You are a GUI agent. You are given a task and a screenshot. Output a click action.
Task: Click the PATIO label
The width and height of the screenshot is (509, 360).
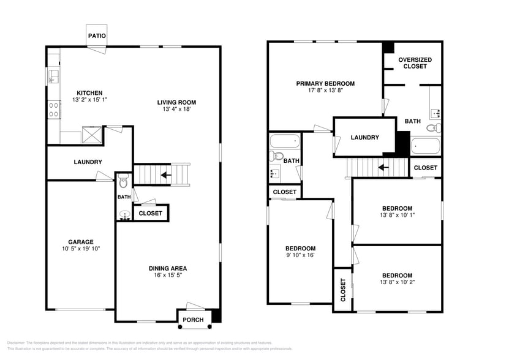(97, 36)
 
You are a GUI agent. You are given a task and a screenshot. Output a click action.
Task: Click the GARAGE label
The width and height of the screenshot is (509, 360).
(81, 242)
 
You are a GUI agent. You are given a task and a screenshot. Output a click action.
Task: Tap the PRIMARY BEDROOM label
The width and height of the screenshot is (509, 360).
(325, 84)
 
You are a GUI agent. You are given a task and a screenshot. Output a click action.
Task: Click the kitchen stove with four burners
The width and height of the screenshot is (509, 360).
(53, 109)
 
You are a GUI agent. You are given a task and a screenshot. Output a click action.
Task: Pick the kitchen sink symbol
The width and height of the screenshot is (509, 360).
(53, 77)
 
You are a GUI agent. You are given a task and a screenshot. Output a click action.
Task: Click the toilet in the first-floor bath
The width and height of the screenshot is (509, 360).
(123, 181)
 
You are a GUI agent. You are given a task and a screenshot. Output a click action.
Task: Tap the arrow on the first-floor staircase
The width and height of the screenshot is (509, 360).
(165, 175)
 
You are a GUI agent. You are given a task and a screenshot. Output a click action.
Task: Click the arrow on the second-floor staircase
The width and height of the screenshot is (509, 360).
(383, 167)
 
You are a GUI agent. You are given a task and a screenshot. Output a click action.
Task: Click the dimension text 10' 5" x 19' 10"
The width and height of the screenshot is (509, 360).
(81, 249)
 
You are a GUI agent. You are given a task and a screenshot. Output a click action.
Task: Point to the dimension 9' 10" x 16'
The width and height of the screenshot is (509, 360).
(300, 255)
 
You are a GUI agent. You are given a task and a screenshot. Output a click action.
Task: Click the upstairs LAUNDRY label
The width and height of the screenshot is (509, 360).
(364, 138)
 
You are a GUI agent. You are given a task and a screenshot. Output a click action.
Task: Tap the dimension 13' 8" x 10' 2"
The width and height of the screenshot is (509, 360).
(397, 283)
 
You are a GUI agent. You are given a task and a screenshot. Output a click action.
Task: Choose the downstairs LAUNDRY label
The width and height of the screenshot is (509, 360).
(88, 162)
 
